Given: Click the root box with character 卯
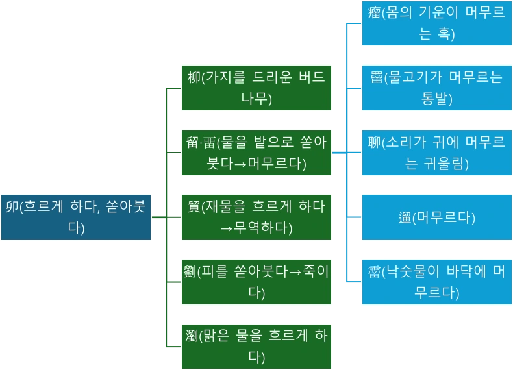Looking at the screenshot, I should coord(75,217).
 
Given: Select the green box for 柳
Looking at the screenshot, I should coord(256,88).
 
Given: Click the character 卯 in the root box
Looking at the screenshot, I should coord(12,207).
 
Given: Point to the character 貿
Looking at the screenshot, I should coord(194,207).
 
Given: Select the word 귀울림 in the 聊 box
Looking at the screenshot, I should coord(445,164).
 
